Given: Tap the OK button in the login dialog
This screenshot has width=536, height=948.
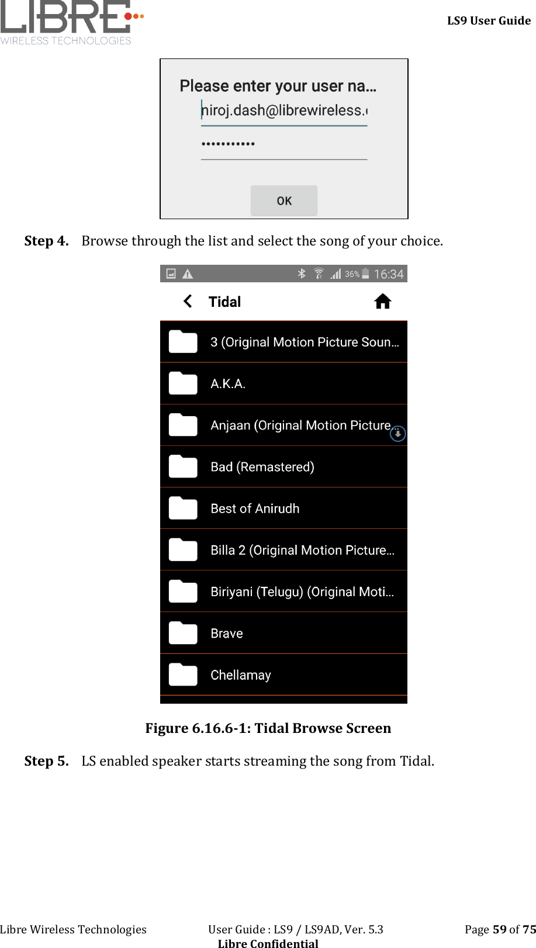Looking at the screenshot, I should click(284, 200).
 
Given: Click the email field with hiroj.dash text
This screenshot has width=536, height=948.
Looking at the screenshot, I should click(284, 110).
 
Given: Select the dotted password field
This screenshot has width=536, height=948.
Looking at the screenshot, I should click(284, 144).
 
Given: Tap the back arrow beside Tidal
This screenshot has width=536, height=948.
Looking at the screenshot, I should click(188, 302).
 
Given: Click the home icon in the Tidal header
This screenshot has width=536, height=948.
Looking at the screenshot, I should click(383, 302).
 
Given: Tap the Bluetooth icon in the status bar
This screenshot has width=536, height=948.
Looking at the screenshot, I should click(302, 274).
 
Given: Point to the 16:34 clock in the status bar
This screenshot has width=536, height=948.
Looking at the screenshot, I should click(388, 274).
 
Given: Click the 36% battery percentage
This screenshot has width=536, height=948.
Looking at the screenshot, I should click(352, 274).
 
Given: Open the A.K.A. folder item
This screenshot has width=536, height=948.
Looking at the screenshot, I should click(228, 384).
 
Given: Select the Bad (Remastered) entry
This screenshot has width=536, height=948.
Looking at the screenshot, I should click(262, 467).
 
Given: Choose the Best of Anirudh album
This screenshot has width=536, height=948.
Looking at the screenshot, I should click(255, 508).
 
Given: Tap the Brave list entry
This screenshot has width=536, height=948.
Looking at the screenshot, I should click(227, 634).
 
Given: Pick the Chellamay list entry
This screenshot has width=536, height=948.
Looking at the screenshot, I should click(241, 675).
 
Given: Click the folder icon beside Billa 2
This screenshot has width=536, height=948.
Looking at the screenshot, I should click(183, 550).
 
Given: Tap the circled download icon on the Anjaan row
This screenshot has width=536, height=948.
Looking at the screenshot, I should click(397, 434).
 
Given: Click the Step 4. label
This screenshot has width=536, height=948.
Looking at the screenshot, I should click(47, 241).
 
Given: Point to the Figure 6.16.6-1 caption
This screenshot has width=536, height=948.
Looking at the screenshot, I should click(268, 728).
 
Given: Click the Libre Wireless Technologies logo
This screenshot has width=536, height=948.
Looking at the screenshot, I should click(70, 23).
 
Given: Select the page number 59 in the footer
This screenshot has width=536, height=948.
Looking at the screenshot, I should click(500, 929).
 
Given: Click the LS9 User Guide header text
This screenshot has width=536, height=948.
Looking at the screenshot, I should click(489, 20).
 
